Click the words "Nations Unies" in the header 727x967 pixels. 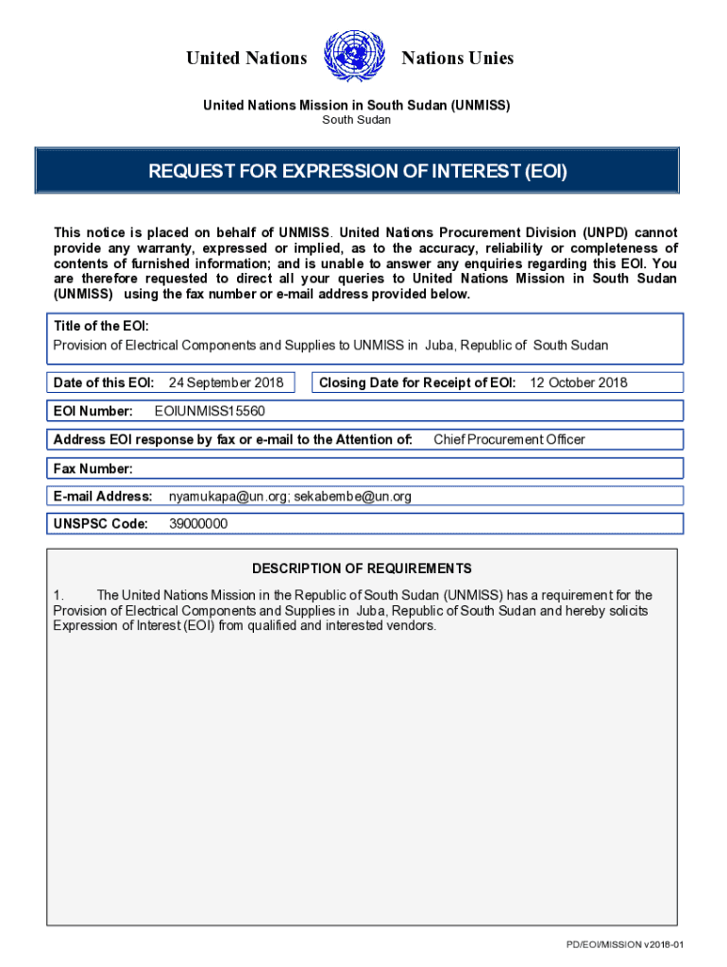pos(458,59)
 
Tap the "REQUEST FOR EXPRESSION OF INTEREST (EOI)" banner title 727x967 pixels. pos(357,172)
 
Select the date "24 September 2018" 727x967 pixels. pos(226,382)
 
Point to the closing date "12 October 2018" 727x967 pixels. pos(579,382)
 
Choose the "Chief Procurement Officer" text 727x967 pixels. pos(509,439)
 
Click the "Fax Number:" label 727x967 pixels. pos(93,468)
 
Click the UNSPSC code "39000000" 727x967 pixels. pos(198,524)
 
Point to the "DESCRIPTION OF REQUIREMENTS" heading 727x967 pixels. pos(362,568)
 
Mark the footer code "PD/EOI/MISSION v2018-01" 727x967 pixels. pos(624,945)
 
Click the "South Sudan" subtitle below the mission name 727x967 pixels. pos(357,120)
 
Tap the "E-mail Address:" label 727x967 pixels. pos(103,496)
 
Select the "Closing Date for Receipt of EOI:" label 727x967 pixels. pos(417,382)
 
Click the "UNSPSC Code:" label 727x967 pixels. pos(101,524)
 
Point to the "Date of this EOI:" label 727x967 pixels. pos(104,382)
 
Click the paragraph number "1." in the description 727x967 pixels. pos(59,595)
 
